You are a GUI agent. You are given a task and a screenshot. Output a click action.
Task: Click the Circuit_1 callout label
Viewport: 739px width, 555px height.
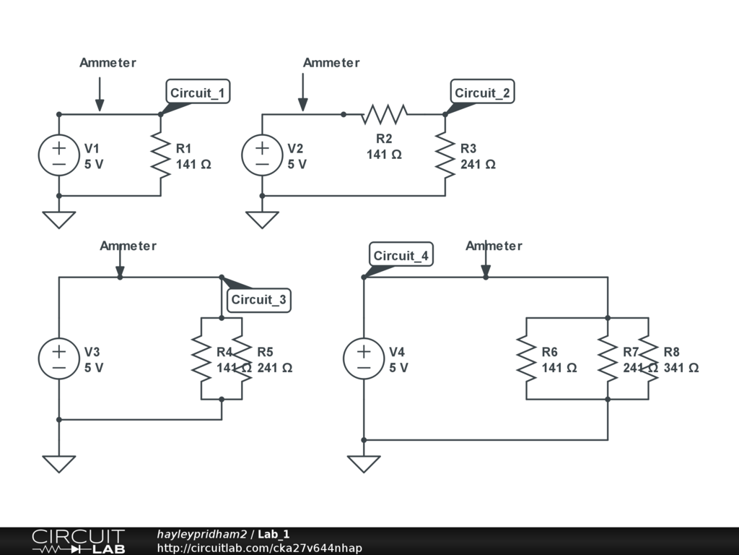tap(198, 92)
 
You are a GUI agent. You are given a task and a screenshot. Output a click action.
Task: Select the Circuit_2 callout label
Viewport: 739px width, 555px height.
tap(483, 92)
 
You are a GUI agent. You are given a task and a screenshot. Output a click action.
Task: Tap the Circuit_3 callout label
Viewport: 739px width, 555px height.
tap(259, 300)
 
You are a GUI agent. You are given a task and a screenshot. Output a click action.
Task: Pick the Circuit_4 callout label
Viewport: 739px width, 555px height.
tap(401, 254)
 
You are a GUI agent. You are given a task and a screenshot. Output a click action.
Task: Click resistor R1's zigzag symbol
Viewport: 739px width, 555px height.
tap(161, 155)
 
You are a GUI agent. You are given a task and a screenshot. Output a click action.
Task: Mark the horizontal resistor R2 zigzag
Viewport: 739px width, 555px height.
tap(384, 114)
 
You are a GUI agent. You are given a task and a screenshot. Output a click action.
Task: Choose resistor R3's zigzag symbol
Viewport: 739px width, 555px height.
tap(445, 155)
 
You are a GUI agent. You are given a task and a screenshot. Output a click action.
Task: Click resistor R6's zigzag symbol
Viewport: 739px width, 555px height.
tap(526, 358)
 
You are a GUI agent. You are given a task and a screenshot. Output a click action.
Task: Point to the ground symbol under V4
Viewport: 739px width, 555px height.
tap(364, 464)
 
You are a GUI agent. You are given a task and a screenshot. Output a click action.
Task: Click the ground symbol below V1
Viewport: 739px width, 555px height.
tap(59, 220)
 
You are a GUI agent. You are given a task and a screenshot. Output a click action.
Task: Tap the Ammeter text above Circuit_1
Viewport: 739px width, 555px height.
tap(108, 63)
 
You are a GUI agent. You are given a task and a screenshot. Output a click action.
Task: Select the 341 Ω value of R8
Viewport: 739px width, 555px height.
tap(681, 368)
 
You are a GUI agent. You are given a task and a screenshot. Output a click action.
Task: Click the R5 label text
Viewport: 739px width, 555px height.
tap(265, 352)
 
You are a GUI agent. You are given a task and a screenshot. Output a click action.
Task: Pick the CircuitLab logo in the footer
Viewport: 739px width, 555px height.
tap(79, 541)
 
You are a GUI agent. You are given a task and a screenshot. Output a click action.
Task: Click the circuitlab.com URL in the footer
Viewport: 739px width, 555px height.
tap(260, 548)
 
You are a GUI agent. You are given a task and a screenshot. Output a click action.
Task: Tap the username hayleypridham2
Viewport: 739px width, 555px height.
tap(202, 534)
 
